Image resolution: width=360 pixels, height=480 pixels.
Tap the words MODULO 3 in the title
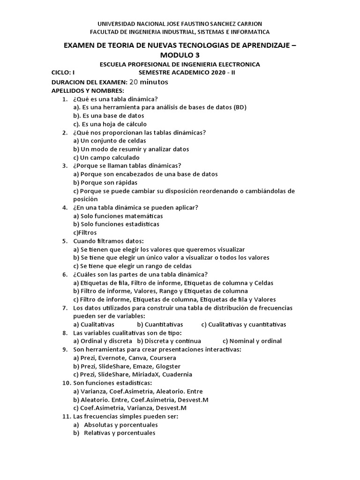coord(180,55)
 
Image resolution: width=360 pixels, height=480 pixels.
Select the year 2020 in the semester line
coord(217,73)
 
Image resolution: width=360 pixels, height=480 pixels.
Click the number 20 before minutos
coord(134,82)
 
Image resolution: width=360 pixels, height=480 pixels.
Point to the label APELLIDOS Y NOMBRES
coord(88,90)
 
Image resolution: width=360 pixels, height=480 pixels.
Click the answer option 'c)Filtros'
coord(85,232)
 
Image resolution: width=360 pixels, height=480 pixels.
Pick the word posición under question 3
coord(85,199)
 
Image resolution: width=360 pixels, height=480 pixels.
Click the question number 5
coord(65,241)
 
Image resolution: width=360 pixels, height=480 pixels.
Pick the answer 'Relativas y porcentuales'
coord(119,433)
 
